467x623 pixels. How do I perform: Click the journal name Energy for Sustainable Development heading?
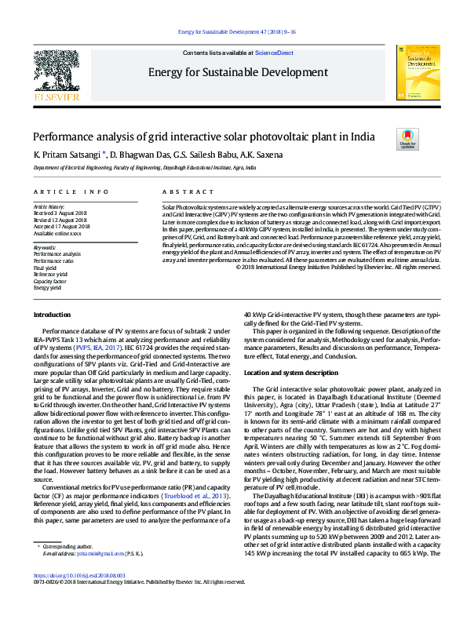point(232,73)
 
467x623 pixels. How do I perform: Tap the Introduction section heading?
point(52,315)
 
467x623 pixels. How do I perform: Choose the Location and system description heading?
point(291,372)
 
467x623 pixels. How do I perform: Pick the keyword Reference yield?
point(50,274)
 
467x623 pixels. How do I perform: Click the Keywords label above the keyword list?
point(45,248)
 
